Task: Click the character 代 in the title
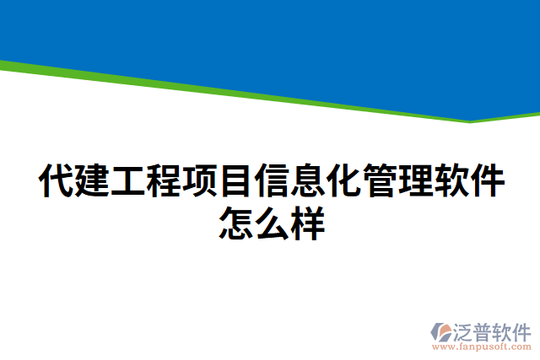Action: pos(56,181)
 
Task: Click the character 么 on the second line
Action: pos(271,223)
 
